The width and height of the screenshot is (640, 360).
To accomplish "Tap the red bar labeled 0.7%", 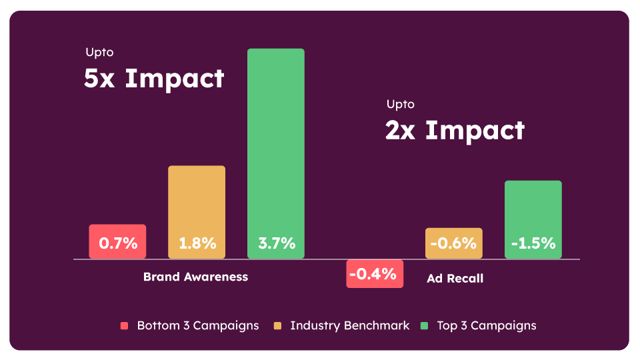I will pos(117,241).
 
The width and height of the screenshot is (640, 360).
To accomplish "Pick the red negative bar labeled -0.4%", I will pos(375,273).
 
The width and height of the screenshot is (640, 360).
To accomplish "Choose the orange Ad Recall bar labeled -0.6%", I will pos(453,243).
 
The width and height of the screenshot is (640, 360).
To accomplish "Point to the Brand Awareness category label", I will pos(195,277).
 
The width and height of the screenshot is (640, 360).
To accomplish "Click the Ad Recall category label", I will pos(455,279).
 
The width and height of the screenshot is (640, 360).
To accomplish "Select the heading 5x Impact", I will pos(154,79).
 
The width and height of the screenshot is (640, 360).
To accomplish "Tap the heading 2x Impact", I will pos(455,130).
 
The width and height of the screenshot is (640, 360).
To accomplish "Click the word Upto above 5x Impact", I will pos(99,52).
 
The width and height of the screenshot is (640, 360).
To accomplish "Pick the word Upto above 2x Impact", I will pos(400,104).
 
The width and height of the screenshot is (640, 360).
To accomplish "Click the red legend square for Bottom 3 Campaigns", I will pos(124,326).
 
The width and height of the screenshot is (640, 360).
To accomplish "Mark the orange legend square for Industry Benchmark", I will pos(277,326).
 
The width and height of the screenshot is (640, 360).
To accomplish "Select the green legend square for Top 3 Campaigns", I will pos(424,326).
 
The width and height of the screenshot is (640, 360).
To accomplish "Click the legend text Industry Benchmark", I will pos(350,326).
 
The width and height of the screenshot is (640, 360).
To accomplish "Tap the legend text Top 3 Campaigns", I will pos(487,326).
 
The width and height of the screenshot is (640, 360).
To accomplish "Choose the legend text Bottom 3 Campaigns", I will pos(198,326).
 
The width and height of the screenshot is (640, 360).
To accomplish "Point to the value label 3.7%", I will pos(276,243).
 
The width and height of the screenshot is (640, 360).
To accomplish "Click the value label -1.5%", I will pos(533,243).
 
